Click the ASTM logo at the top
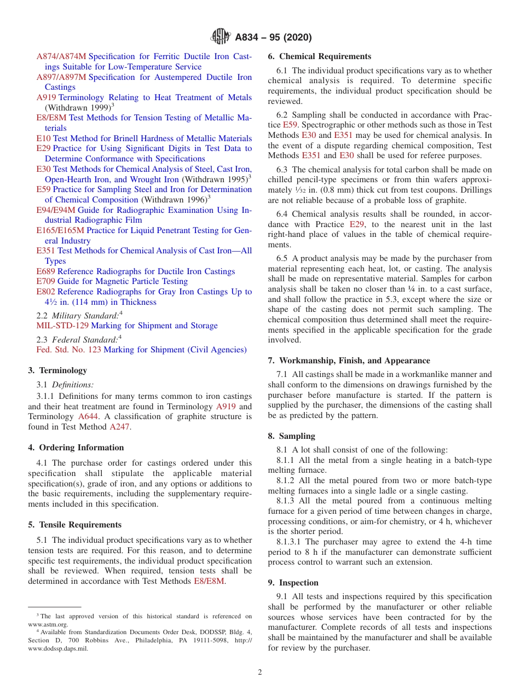coord(221,37)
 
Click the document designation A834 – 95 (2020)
coord(273,37)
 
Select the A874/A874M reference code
coord(61,56)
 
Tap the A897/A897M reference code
coord(61,77)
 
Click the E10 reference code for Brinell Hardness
coord(43,138)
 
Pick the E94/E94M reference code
coord(56,210)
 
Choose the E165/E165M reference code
coord(60,230)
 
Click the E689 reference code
coord(46,271)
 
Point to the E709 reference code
coord(46,281)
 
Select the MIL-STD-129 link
coord(62,326)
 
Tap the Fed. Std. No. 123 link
coord(68,350)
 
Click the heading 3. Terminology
coord(57,370)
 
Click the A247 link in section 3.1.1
coord(120,427)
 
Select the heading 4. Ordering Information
coord(76,448)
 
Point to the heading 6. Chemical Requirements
coord(319,56)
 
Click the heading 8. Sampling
coord(291,436)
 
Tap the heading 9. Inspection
coord(293,583)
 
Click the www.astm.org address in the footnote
coord(48,624)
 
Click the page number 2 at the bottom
coord(260,672)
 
